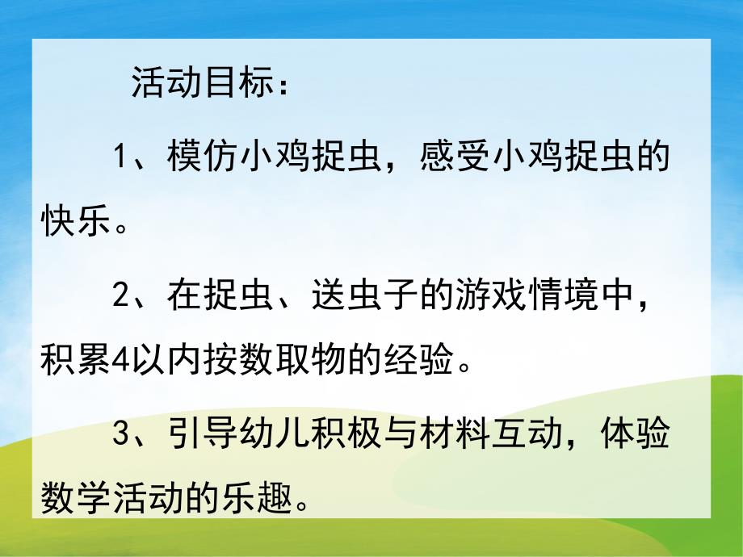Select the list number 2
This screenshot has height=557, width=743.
pos(121,296)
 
